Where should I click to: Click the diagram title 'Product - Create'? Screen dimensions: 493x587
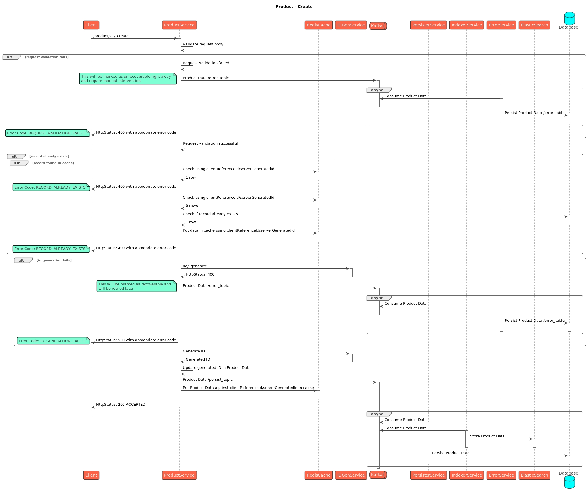tap(294, 7)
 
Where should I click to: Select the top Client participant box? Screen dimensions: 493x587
tap(91, 25)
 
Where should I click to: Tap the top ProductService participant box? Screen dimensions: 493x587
tap(179, 25)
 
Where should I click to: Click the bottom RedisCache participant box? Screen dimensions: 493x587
tap(318, 475)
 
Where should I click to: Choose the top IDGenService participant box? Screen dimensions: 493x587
tap(351, 25)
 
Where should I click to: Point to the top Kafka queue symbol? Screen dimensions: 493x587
tap(378, 26)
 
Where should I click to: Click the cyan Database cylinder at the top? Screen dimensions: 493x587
tap(569, 18)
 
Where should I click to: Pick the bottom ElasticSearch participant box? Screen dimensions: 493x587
tap(534, 475)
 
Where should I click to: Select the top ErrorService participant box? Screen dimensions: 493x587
tap(501, 25)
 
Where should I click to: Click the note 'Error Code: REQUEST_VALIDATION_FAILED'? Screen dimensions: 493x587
tap(47, 133)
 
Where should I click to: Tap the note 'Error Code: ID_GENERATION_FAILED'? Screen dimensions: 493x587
tap(53, 341)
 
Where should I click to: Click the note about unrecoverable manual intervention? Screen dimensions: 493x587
tap(128, 79)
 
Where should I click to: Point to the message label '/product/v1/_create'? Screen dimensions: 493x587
tap(111, 36)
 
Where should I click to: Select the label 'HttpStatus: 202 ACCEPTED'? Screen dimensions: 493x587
tap(121, 405)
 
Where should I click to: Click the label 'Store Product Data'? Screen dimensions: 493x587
tap(487, 436)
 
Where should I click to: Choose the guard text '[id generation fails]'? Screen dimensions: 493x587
tap(54, 260)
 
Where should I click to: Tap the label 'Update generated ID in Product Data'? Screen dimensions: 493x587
tap(217, 368)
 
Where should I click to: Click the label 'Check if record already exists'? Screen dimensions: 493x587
tap(210, 214)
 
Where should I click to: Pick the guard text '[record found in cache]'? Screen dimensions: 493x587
tap(53, 163)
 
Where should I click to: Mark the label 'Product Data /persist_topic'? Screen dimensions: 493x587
tap(208, 380)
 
